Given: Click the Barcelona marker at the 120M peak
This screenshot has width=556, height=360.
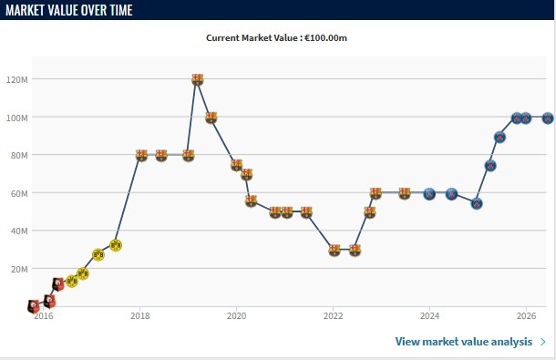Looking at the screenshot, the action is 198,79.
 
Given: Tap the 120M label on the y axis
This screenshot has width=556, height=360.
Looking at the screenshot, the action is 16,79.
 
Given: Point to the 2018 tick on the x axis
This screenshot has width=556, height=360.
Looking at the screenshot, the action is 140,315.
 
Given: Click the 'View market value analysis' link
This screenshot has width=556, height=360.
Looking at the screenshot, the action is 463,342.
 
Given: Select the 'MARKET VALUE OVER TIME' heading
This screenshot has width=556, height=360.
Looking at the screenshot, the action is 69,10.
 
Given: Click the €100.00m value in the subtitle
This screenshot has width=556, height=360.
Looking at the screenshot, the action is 325,38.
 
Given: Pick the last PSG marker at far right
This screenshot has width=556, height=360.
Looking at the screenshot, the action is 548,118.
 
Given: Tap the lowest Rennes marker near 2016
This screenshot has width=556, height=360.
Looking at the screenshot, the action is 34,305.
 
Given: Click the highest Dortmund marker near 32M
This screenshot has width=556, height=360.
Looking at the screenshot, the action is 116,245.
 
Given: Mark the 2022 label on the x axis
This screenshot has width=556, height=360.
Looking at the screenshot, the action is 333,315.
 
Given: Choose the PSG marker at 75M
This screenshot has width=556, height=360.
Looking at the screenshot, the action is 490,165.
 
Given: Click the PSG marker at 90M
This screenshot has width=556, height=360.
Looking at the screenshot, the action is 499,138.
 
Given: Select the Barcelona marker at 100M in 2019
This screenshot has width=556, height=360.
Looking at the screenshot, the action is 211,118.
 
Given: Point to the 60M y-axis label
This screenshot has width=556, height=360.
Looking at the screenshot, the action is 16,193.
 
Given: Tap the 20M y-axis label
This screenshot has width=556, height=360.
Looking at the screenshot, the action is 19,270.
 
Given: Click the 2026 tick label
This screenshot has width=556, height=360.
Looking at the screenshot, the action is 526,315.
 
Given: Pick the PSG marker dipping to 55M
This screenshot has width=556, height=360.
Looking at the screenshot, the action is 477,203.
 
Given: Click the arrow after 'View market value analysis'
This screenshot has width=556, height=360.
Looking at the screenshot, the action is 543,342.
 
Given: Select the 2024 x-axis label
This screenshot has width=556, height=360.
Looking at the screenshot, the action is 429,315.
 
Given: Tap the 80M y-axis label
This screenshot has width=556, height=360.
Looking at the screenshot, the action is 16,155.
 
